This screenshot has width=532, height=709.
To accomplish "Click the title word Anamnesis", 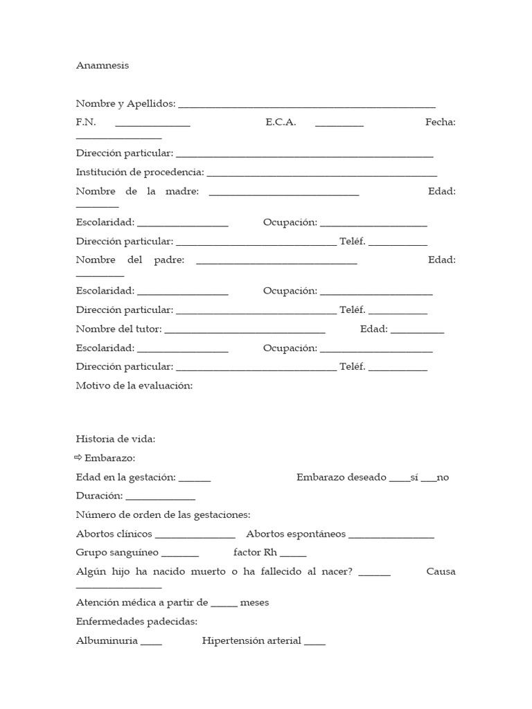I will (x=102, y=66).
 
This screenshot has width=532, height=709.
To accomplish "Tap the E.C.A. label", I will (x=281, y=123).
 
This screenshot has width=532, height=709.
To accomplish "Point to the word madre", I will (x=182, y=191).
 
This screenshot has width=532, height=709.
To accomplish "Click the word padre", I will (x=168, y=260).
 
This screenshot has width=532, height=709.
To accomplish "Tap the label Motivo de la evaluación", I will (x=134, y=386).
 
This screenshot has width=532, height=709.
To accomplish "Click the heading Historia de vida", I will (x=116, y=439).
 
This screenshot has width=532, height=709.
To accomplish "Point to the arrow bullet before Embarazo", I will (x=78, y=458).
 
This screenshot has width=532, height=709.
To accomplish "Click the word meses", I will (x=254, y=602).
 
